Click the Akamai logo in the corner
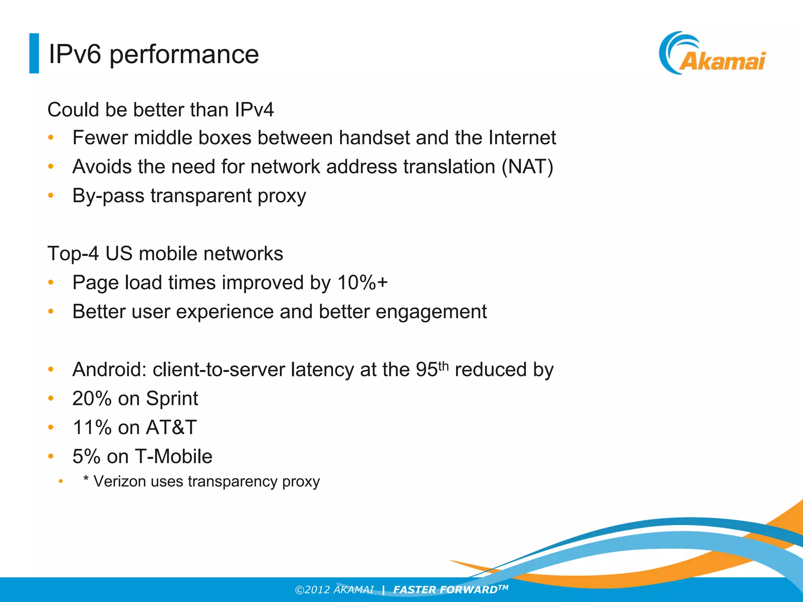point(712,54)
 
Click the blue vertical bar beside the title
point(34,53)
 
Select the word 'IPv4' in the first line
point(254,110)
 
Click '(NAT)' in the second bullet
point(527,167)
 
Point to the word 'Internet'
point(522,138)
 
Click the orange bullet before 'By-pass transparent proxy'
point(51,195)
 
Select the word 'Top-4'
point(73,254)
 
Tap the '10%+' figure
point(362,283)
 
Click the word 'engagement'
point(431,312)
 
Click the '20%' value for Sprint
point(92,399)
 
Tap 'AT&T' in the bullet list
point(171,428)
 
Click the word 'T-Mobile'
point(173,457)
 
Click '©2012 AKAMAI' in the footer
point(334,590)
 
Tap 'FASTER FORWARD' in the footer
point(445,590)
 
